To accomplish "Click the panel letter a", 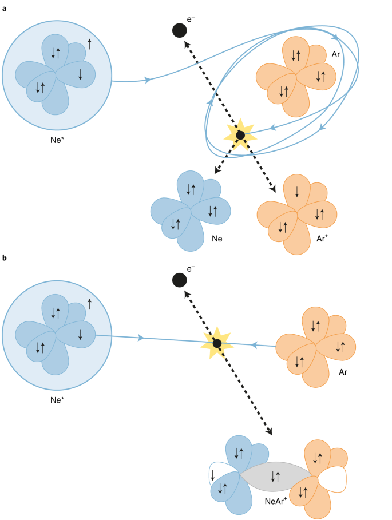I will [5, 5].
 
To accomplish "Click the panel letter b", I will [5, 259].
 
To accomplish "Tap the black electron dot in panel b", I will [180, 280].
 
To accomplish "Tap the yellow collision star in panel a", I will [240, 135].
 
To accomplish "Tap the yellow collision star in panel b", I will [217, 343].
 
